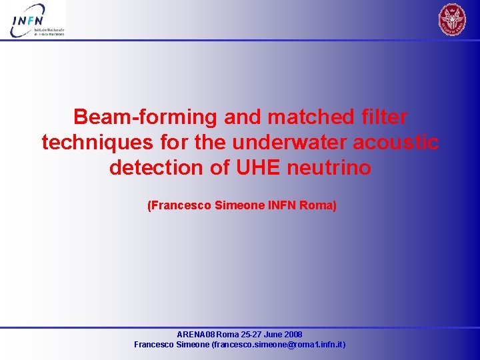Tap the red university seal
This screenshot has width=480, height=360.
pos(453,19)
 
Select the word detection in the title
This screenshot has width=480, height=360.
pos(154,167)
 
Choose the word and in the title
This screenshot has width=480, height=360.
pos(243,117)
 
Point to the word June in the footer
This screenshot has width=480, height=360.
pos(273,335)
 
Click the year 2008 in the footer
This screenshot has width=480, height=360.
pos(293,335)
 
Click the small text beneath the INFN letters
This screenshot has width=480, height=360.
pos(49,31)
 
